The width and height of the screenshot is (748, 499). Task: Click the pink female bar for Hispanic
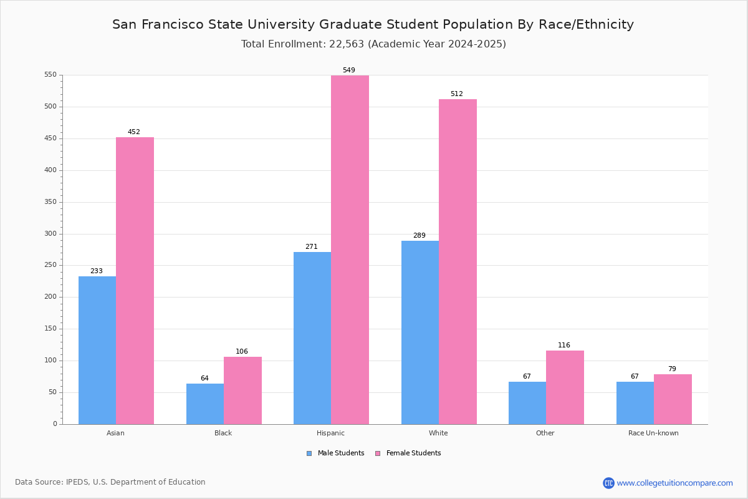[350, 249]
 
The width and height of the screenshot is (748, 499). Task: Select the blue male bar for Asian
[97, 351]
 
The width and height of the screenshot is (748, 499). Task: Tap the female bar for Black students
[242, 390]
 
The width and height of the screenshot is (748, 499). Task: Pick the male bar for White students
[420, 332]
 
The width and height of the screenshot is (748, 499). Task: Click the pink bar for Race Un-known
[673, 399]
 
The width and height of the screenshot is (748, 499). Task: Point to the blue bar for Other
[527, 403]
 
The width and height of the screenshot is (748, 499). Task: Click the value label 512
[457, 94]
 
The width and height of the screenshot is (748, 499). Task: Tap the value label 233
[97, 271]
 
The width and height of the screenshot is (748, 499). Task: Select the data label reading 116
[564, 346]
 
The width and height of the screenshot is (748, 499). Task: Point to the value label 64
[204, 379]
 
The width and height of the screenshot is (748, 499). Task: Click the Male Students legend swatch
[309, 453]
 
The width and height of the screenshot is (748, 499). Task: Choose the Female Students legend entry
[408, 453]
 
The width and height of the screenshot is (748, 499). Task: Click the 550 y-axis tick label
[50, 75]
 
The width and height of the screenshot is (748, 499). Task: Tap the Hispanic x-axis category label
[330, 433]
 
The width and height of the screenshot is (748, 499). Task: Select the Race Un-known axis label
[653, 433]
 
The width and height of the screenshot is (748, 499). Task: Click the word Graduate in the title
[350, 25]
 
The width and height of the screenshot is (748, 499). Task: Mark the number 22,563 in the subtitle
[347, 44]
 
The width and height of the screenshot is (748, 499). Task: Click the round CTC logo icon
[608, 483]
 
